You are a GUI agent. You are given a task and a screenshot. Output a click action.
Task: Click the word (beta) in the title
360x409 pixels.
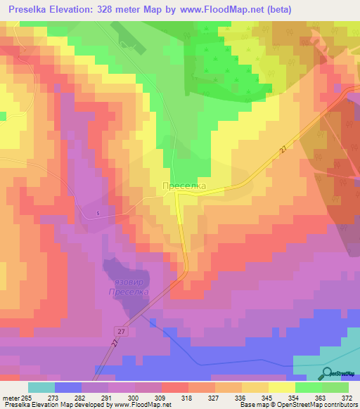[x=276, y=9]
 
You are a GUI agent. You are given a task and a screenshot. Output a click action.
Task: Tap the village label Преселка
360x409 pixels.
[x=184, y=186]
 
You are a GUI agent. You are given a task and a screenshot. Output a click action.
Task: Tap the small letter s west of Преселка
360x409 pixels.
[x=98, y=213]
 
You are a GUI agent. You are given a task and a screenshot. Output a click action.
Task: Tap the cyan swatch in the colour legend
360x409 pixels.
[x=41, y=387]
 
